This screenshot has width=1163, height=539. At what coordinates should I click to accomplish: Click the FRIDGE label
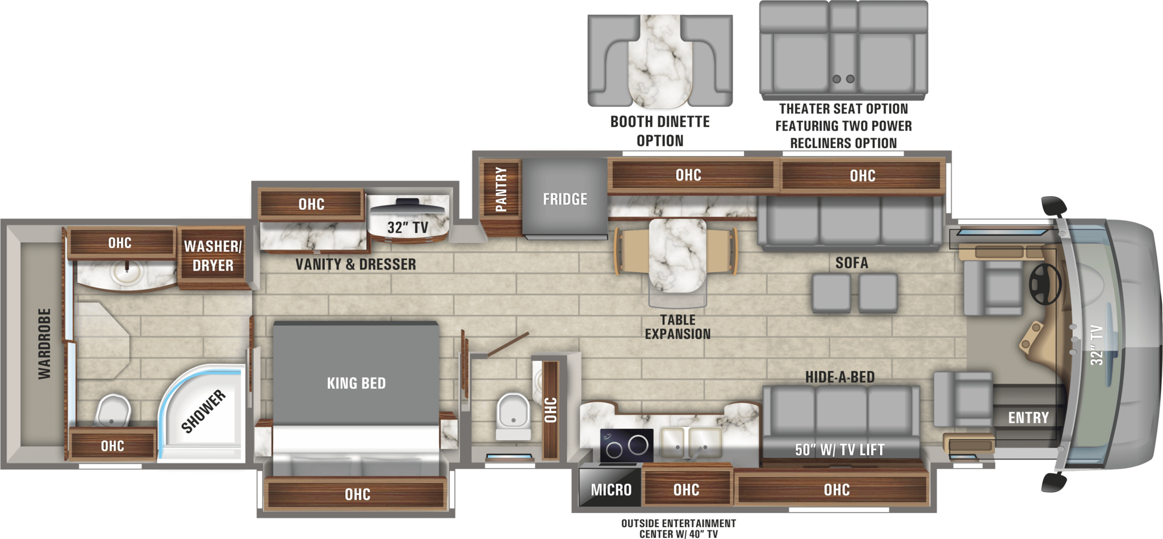coord(564,199)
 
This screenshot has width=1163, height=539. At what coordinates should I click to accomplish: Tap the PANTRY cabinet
coord(500,190)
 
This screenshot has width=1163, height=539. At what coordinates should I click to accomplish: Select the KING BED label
coord(356,384)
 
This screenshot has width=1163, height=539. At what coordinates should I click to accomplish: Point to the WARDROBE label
coord(44,344)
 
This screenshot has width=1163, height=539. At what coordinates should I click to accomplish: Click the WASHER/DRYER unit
coord(212,256)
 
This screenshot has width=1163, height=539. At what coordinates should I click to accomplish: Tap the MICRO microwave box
coord(610,490)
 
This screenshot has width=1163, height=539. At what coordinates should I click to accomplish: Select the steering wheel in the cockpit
coord(1045,284)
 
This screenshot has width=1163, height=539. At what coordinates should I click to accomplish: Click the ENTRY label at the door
coord(1028,418)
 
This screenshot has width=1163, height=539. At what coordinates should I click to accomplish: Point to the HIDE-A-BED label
coord(839,377)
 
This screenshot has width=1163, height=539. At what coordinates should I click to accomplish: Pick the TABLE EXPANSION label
coord(677,327)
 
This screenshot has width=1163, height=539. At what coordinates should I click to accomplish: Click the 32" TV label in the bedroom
coord(407,228)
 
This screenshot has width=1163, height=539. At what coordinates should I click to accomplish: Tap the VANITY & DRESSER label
coord(355,264)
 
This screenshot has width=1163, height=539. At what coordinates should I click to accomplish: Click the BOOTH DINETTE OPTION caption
coord(660,131)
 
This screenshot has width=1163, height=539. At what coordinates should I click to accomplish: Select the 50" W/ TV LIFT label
coord(839,450)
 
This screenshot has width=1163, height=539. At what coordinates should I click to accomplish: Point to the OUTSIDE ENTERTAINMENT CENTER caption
coord(678,528)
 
